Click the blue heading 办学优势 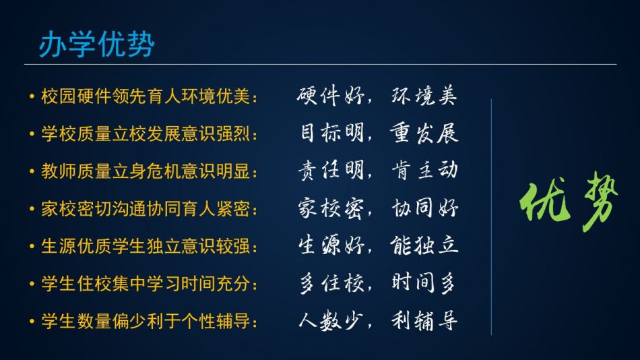pos(97,44)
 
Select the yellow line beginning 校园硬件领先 pos(150,96)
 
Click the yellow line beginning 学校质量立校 pos(150,134)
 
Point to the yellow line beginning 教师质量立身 pos(150,171)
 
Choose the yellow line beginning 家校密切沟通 pos(150,209)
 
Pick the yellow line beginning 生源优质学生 pos(150,246)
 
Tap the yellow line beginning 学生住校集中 pos(150,284)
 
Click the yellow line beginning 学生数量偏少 pos(150,321)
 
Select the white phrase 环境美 pos(424,96)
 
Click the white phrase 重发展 pos(424,133)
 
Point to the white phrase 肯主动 pos(424,170)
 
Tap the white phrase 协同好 pos(424,208)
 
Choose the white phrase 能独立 pos(424,245)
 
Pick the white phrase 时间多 pos(423,282)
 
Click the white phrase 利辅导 pos(424,320)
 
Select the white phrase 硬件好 pos(331,96)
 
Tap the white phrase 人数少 pos(331,320)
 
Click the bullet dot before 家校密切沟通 pos(32,209)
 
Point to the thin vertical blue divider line pos(491,217)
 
